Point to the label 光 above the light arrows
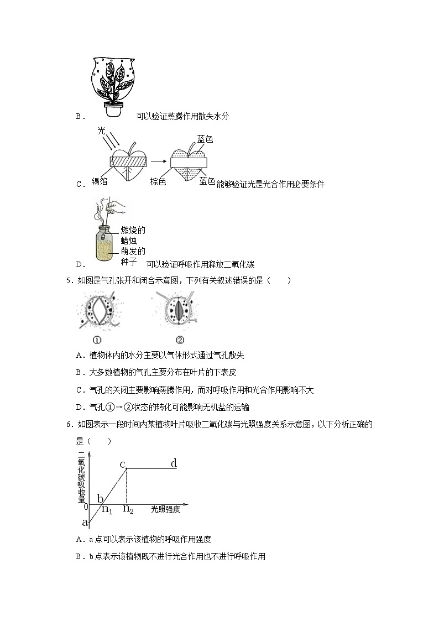[x=101, y=131]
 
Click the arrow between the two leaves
[x=159, y=161]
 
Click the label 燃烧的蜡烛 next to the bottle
[x=133, y=235]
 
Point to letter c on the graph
[x=123, y=463]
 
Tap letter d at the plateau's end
[x=174, y=463]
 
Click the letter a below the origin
[x=85, y=521]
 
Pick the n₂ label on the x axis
[x=128, y=509]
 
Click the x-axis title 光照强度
[x=165, y=509]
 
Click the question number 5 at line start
[x=68, y=280]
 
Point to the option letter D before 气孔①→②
[x=79, y=408]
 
